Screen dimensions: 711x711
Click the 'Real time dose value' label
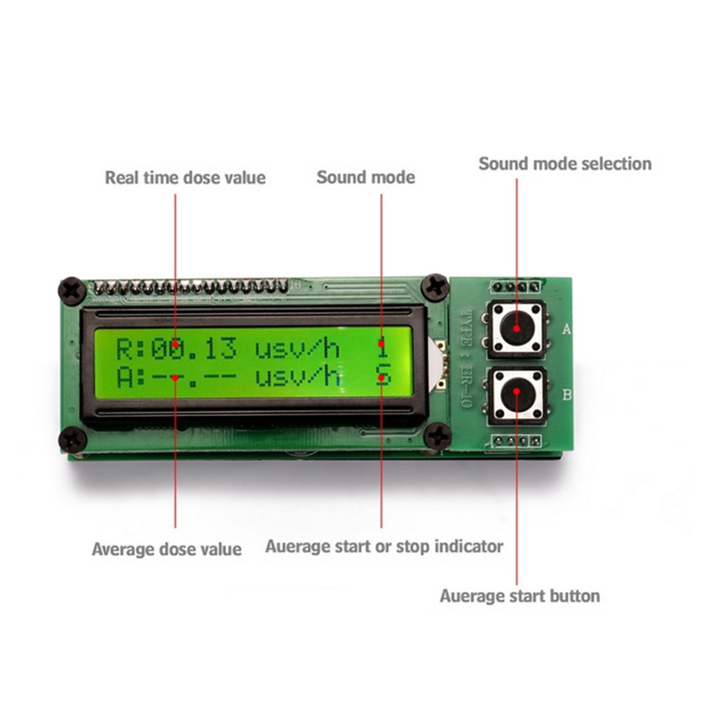click(186, 177)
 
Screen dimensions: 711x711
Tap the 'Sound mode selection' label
click(565, 164)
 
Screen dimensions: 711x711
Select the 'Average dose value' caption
click(166, 549)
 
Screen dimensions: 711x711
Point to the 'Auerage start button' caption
click(520, 595)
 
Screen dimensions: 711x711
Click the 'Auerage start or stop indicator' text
click(384, 546)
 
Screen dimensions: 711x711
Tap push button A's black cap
click(516, 328)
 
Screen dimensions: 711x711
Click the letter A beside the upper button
click(566, 329)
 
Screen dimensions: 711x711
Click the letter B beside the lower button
click(567, 395)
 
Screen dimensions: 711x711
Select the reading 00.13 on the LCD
click(194, 349)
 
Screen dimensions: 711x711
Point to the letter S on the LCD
click(383, 376)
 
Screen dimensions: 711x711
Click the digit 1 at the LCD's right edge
click(383, 349)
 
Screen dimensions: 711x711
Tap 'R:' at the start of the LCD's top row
click(131, 349)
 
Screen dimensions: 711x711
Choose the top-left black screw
click(73, 291)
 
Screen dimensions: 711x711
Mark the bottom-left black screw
click(73, 439)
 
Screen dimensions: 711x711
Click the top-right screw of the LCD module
click(435, 287)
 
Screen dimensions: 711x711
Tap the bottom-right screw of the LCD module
click(437, 435)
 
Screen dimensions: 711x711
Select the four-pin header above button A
click(516, 286)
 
